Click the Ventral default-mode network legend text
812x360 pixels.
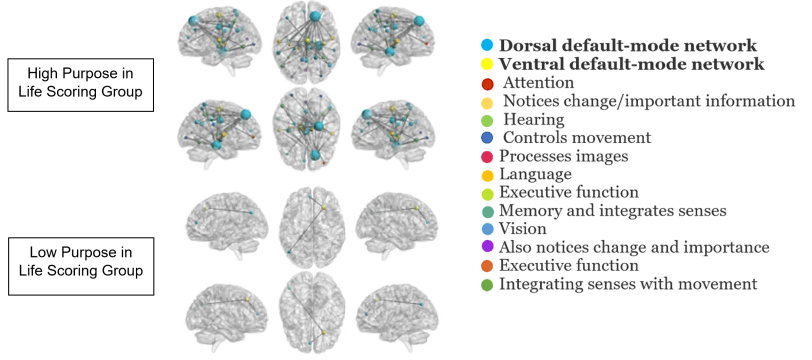[631, 64]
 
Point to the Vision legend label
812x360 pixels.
[528, 229]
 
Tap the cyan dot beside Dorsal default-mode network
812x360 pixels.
[486, 46]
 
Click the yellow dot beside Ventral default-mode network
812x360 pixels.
[486, 65]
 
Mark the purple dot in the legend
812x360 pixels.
[486, 248]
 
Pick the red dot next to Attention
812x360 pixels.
[486, 83]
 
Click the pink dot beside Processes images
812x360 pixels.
[486, 157]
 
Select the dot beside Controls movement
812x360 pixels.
[486, 138]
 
